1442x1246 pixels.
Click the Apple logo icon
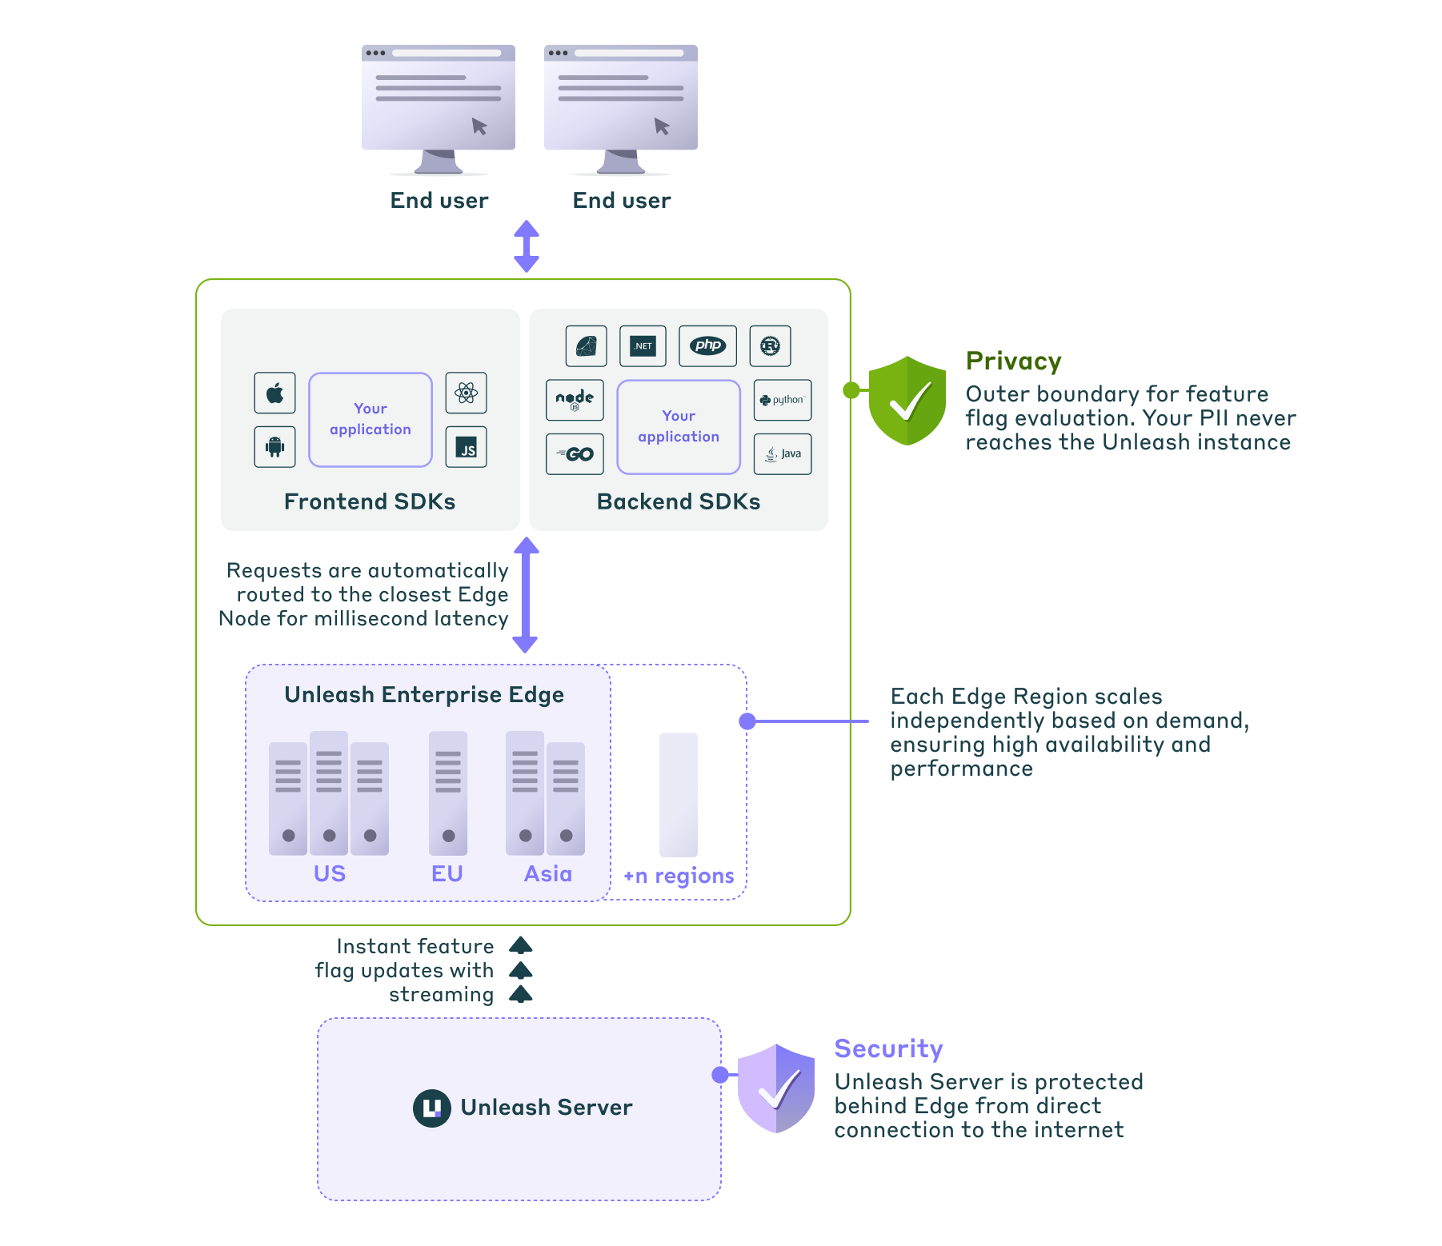(274, 393)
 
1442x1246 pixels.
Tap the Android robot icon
(274, 446)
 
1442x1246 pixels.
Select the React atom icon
(466, 393)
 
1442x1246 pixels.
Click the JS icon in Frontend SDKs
(466, 446)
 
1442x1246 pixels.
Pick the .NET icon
(643, 345)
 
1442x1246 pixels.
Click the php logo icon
(707, 345)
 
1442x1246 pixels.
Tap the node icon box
(575, 400)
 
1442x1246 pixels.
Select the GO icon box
(575, 454)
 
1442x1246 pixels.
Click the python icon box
(782, 400)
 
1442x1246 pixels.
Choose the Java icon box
(782, 454)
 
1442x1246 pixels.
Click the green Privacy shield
(907, 400)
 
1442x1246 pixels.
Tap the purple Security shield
(775, 1088)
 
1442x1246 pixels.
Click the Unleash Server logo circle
(431, 1108)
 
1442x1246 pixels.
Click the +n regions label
(679, 876)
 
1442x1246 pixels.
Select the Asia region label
(548, 873)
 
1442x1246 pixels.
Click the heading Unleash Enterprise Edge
(424, 694)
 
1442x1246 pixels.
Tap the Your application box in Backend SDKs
(679, 426)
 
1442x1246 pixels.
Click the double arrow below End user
(526, 246)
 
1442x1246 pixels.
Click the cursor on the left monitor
(479, 126)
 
